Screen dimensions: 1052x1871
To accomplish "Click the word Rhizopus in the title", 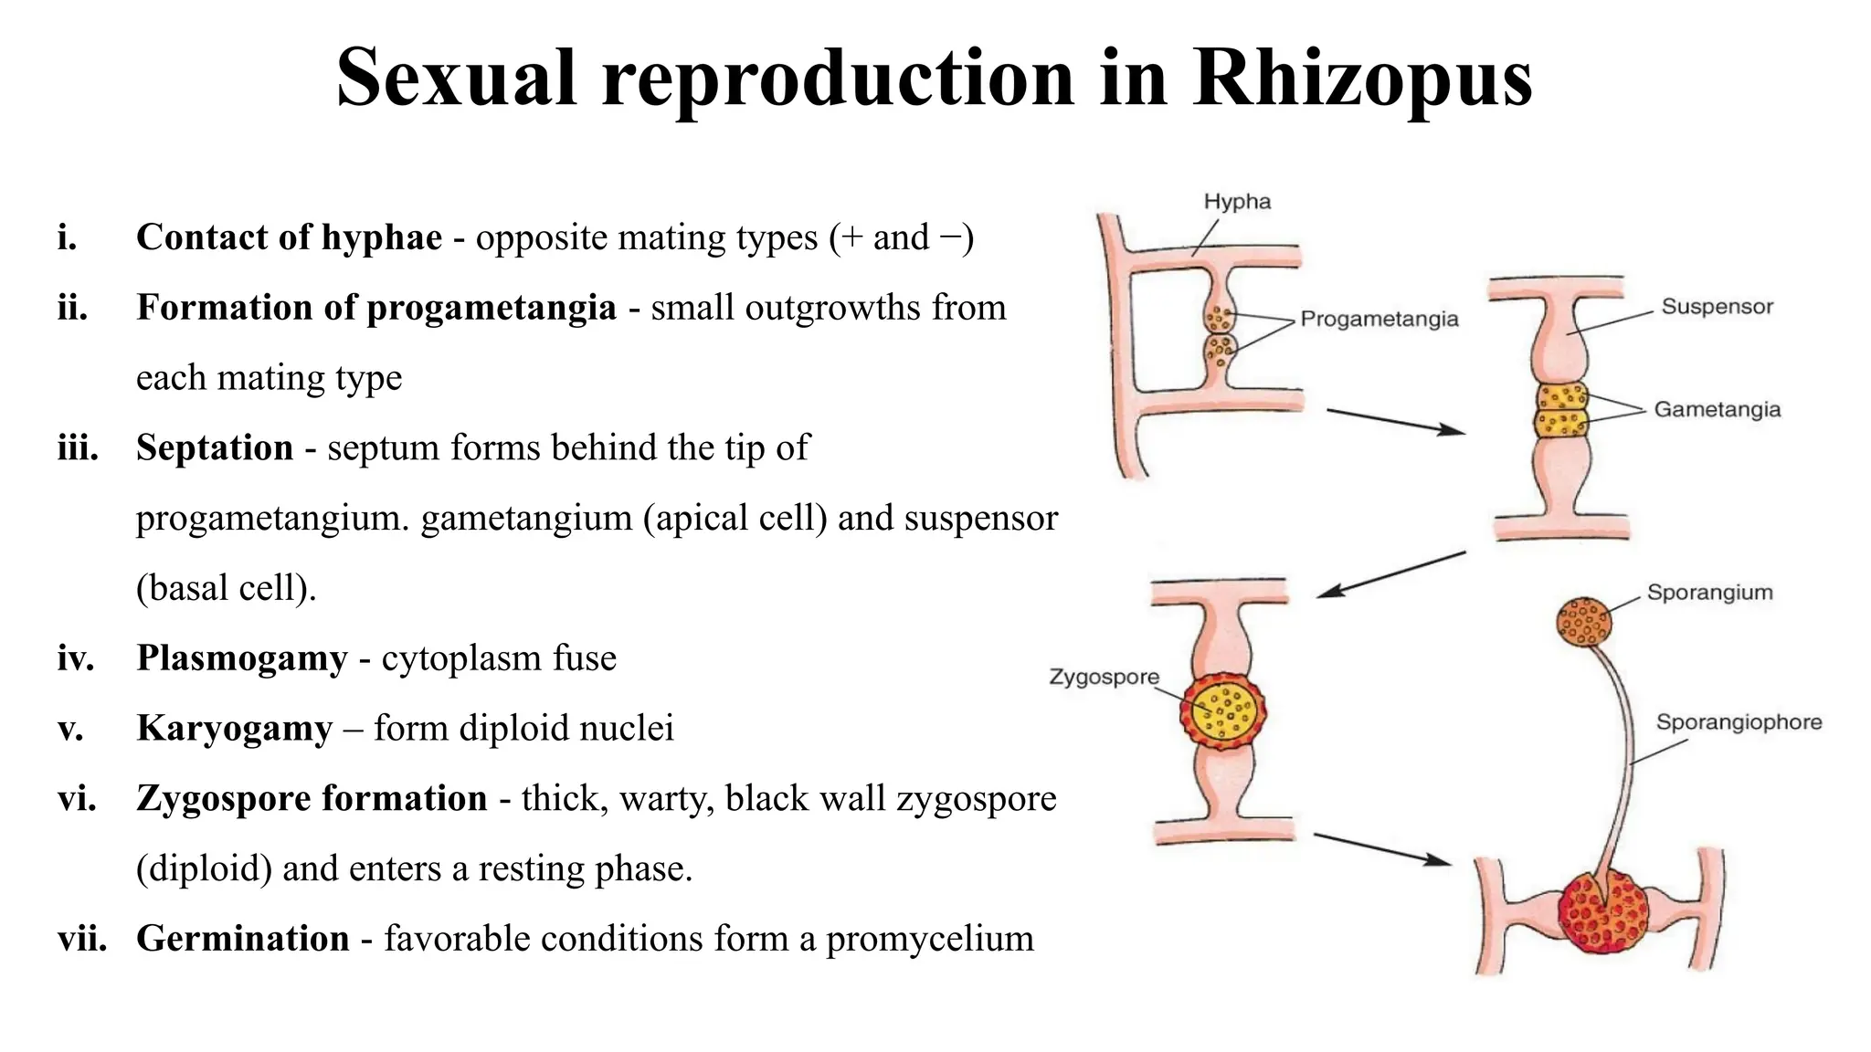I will pyautogui.click(x=1362, y=79).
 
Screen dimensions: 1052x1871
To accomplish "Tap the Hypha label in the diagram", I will pyautogui.click(x=1237, y=202).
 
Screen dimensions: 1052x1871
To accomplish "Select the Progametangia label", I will pyautogui.click(x=1379, y=319).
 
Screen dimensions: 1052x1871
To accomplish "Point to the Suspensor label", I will pyautogui.click(x=1717, y=307).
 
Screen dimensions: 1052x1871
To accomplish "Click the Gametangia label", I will pyautogui.click(x=1718, y=409).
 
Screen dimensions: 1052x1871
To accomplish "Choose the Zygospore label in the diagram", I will pyautogui.click(x=1104, y=677).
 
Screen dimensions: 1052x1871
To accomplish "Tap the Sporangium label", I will pyautogui.click(x=1709, y=593).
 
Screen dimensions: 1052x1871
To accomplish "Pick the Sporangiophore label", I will pyautogui.click(x=1739, y=722).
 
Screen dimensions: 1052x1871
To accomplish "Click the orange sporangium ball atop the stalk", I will pyautogui.click(x=1583, y=621).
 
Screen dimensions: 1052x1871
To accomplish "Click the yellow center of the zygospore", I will pyautogui.click(x=1223, y=711).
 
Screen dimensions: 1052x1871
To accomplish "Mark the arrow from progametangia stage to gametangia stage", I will pyautogui.click(x=1394, y=421).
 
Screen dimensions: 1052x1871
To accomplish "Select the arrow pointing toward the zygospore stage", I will pyautogui.click(x=1390, y=574).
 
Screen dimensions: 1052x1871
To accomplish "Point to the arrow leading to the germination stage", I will pyautogui.click(x=1381, y=847).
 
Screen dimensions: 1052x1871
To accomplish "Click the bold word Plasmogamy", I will pyautogui.click(x=242, y=658).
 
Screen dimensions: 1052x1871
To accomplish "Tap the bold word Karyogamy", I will pyautogui.click(x=234, y=729).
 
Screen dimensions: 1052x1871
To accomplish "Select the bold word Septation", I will pyautogui.click(x=215, y=448).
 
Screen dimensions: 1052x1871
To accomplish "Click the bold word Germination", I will pyautogui.click(x=243, y=939).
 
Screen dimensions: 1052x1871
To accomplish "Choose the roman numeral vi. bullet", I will pyautogui.click(x=77, y=799).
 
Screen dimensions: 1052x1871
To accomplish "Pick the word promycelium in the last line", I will pyautogui.click(x=929, y=940).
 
